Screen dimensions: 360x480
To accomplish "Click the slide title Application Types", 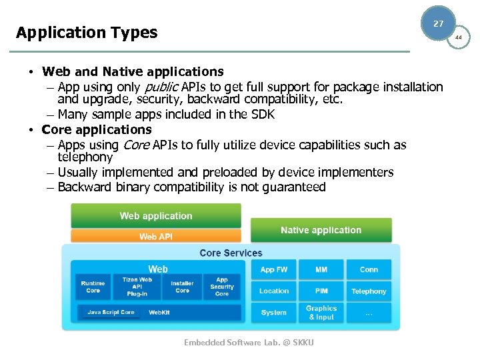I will coord(87,32).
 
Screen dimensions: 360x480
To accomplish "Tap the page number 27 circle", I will coord(438,23).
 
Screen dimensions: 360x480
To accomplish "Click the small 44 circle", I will coord(458,37).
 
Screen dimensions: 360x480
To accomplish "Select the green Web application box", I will coord(156,216).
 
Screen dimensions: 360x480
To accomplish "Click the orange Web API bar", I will coord(156,237).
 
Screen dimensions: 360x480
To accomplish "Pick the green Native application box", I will coord(321,231).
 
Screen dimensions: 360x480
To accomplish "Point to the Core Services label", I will coord(231,253).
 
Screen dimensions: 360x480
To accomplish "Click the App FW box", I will coord(273,269).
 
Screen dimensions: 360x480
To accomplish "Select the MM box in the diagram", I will coord(321,269).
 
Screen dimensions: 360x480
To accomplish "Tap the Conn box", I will coord(369,269).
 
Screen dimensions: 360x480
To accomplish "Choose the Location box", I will coord(273,291).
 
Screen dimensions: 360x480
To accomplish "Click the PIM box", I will coord(321,291).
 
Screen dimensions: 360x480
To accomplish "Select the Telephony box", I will coord(369,291).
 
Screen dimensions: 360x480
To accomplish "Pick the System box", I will coord(273,313).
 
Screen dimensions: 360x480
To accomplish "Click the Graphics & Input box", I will coord(321,313).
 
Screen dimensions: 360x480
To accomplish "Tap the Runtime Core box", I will coord(93,287).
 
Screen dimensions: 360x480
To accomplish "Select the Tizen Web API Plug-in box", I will coord(137,287).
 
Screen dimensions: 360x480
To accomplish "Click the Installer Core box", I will coord(182,287).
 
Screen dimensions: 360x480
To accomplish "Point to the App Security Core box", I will coord(222,287).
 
